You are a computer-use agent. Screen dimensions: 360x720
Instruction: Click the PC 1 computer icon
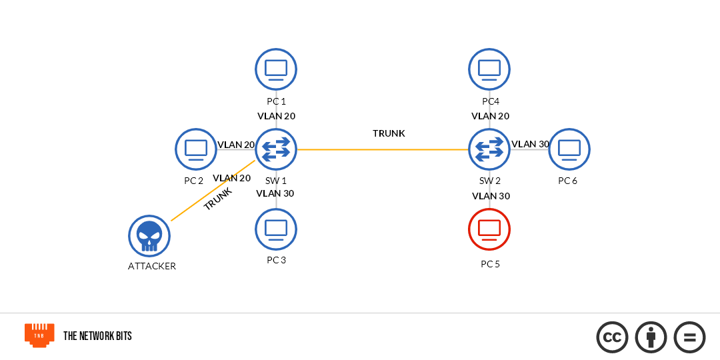coord(276,69)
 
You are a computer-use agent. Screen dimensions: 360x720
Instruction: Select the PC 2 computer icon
coord(196,149)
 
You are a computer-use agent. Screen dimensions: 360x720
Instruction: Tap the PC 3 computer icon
coord(276,229)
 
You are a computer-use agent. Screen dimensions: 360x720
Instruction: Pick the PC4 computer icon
coord(489,69)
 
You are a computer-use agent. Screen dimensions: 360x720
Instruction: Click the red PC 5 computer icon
coord(489,229)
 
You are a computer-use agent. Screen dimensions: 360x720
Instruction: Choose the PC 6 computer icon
coord(569,149)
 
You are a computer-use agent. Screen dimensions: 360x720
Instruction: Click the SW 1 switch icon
coord(276,149)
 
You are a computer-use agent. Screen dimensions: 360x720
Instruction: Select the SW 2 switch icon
coord(489,149)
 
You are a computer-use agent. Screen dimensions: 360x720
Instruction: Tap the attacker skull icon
coord(149,236)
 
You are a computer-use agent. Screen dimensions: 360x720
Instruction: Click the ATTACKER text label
coord(152,266)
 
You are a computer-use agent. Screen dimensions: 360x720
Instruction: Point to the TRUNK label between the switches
coord(389,133)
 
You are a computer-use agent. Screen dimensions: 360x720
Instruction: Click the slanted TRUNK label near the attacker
coord(218,199)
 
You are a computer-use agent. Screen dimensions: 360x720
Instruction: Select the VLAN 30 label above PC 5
coord(491,196)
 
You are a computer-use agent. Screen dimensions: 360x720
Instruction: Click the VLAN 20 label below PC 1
coord(276,116)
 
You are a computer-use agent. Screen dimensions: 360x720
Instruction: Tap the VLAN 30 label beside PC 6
coord(530,144)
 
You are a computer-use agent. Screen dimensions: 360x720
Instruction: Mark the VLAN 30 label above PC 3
coord(275,193)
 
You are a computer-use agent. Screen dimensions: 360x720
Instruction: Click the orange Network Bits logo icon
coord(39,335)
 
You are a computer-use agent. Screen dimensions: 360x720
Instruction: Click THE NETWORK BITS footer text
coord(97,336)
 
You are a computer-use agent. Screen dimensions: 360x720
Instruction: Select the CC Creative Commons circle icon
coord(612,337)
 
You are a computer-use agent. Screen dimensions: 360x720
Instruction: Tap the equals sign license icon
coord(689,337)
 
